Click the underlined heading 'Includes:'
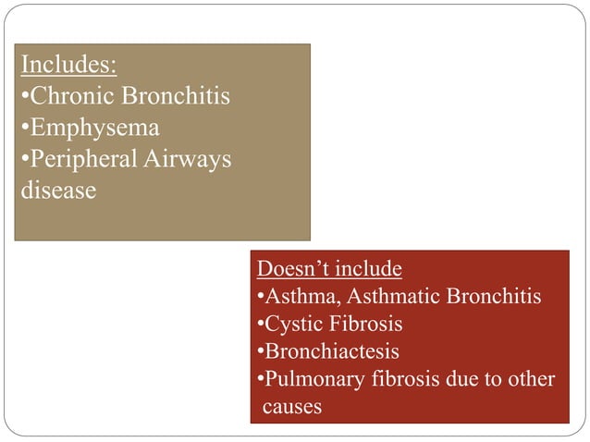(x=68, y=66)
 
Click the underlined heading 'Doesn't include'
(x=329, y=269)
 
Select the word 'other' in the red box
(x=531, y=379)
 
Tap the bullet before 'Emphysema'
(x=24, y=128)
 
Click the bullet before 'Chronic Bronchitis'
(x=24, y=97)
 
